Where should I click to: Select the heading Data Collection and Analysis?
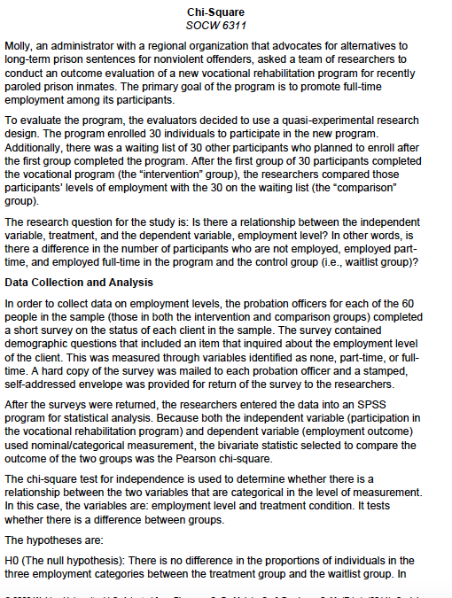(78, 282)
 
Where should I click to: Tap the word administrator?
(96, 44)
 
